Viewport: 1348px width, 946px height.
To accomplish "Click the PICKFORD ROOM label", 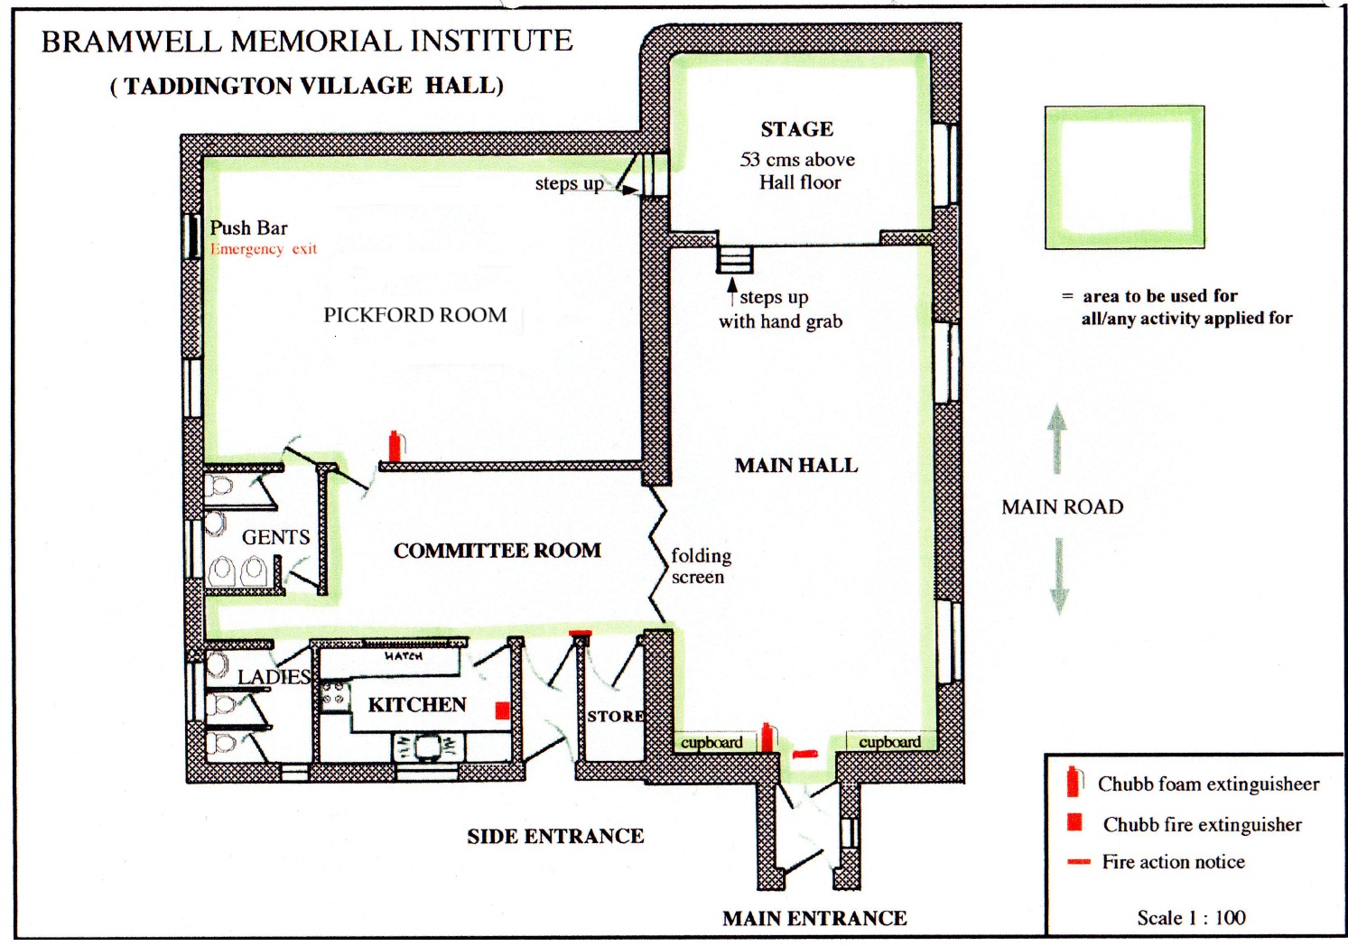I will pos(415,315).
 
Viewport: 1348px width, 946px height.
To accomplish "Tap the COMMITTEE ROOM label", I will pos(497,551).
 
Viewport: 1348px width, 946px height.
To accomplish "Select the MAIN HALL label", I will pos(795,466).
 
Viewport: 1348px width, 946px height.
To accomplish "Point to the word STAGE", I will pos(796,129).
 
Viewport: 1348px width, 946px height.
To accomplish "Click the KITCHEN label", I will pos(417,704).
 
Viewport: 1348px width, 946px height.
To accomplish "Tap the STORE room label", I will pos(616,716).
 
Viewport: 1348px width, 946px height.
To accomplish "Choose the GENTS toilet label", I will pos(275,537).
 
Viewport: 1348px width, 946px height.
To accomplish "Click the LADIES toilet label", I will pos(274,676).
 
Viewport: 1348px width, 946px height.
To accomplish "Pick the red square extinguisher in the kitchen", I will pos(503,710).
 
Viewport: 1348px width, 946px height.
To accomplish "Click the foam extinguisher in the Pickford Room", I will pos(395,447).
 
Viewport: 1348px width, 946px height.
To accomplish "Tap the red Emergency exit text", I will pos(264,249).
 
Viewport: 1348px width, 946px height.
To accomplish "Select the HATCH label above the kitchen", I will pos(403,656).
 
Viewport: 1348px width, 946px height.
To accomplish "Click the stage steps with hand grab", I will pos(734,260).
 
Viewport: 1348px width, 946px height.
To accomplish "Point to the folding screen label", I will pos(700,566).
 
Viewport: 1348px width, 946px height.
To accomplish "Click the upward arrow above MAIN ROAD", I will pos(1057,438).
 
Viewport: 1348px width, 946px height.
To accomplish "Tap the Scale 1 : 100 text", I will pos(1191,917).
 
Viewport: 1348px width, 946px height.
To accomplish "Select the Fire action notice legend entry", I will pos(1173,862).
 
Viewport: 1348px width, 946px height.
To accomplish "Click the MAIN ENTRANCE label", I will pos(814,918).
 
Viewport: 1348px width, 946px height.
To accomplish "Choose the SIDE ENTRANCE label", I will pos(555,836).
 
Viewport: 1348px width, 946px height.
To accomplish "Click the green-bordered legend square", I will pos(1124,178).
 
